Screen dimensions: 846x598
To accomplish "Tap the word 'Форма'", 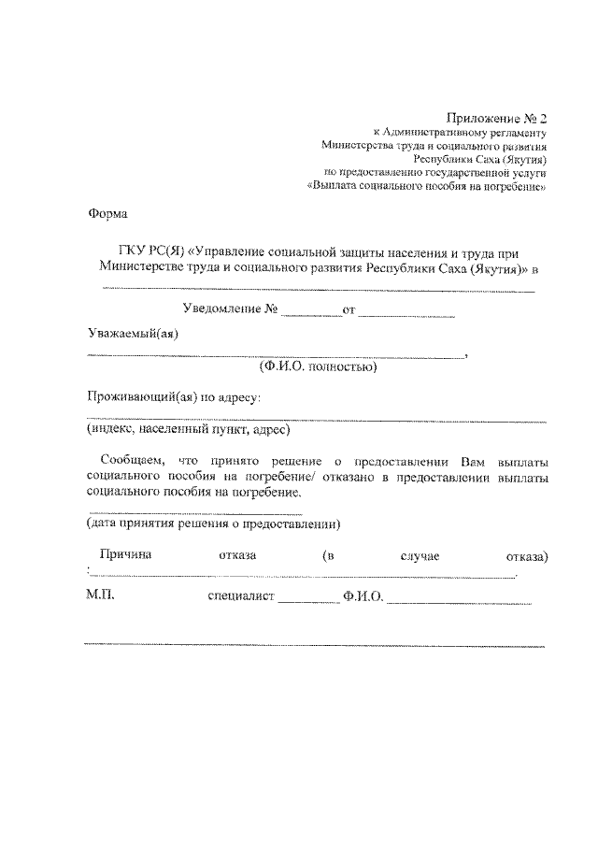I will (107, 213).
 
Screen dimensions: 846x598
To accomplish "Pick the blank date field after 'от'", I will (406, 313).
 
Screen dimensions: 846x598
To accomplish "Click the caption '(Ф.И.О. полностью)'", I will (318, 367).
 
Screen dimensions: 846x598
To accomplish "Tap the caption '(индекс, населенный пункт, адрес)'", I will (189, 430).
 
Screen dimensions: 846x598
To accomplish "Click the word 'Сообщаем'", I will (131, 462).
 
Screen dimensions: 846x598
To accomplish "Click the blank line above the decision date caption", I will (194, 513).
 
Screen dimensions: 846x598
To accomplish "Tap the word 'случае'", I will (420, 557).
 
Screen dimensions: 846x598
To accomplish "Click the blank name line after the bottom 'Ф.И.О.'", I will (459, 601).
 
